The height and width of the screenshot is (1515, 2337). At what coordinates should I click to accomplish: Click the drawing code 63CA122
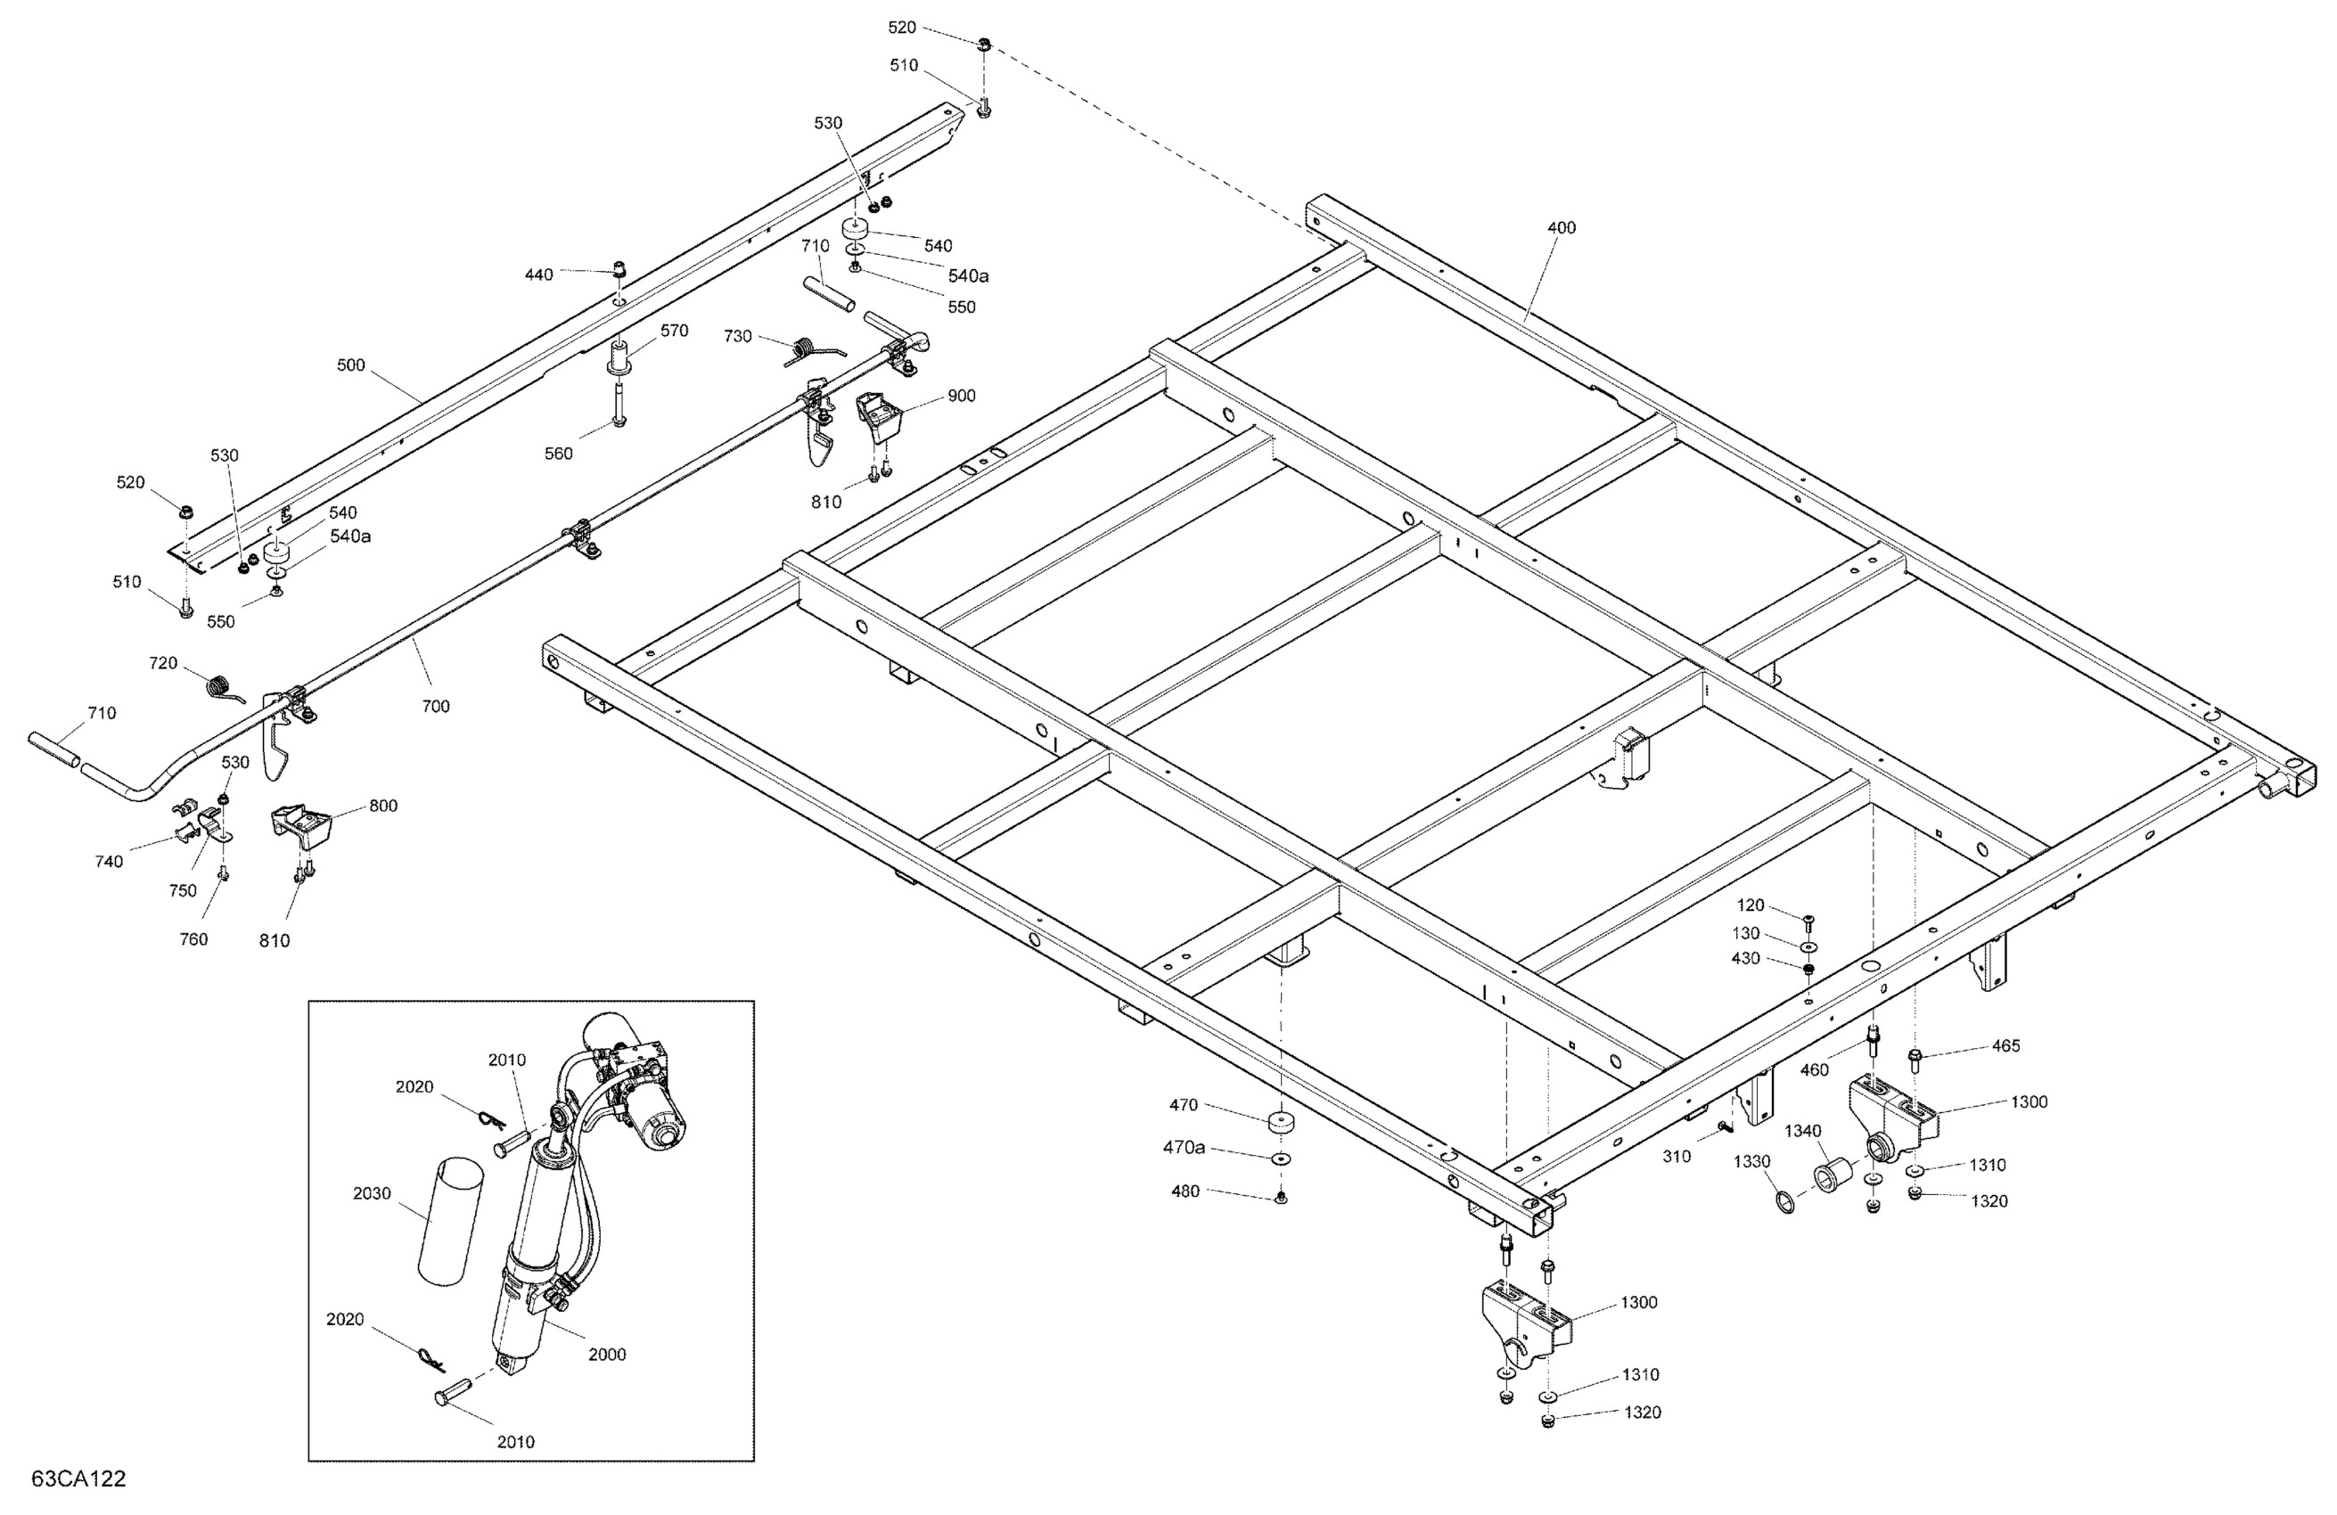[x=78, y=1479]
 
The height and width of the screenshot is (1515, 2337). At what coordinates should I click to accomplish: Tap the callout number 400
[x=1561, y=228]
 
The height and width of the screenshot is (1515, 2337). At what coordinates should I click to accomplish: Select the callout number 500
[x=350, y=365]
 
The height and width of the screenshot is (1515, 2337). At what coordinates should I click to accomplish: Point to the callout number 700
[x=435, y=706]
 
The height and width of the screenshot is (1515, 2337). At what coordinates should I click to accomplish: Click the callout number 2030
[x=373, y=1193]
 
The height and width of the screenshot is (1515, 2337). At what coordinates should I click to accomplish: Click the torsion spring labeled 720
[x=223, y=685]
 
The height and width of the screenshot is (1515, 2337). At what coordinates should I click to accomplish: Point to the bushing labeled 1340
[x=1833, y=1175]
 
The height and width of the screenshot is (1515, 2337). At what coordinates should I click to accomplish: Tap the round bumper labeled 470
[x=1279, y=1122]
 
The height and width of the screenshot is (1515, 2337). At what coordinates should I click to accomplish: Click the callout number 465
[x=2005, y=1045]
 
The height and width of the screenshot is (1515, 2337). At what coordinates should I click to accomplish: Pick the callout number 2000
[x=607, y=1354]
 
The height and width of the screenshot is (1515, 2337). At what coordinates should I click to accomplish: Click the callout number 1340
[x=1803, y=1131]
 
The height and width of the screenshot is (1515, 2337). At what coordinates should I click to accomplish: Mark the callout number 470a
[x=1185, y=1147]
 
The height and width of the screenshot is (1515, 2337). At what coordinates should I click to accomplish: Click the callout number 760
[x=193, y=939]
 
